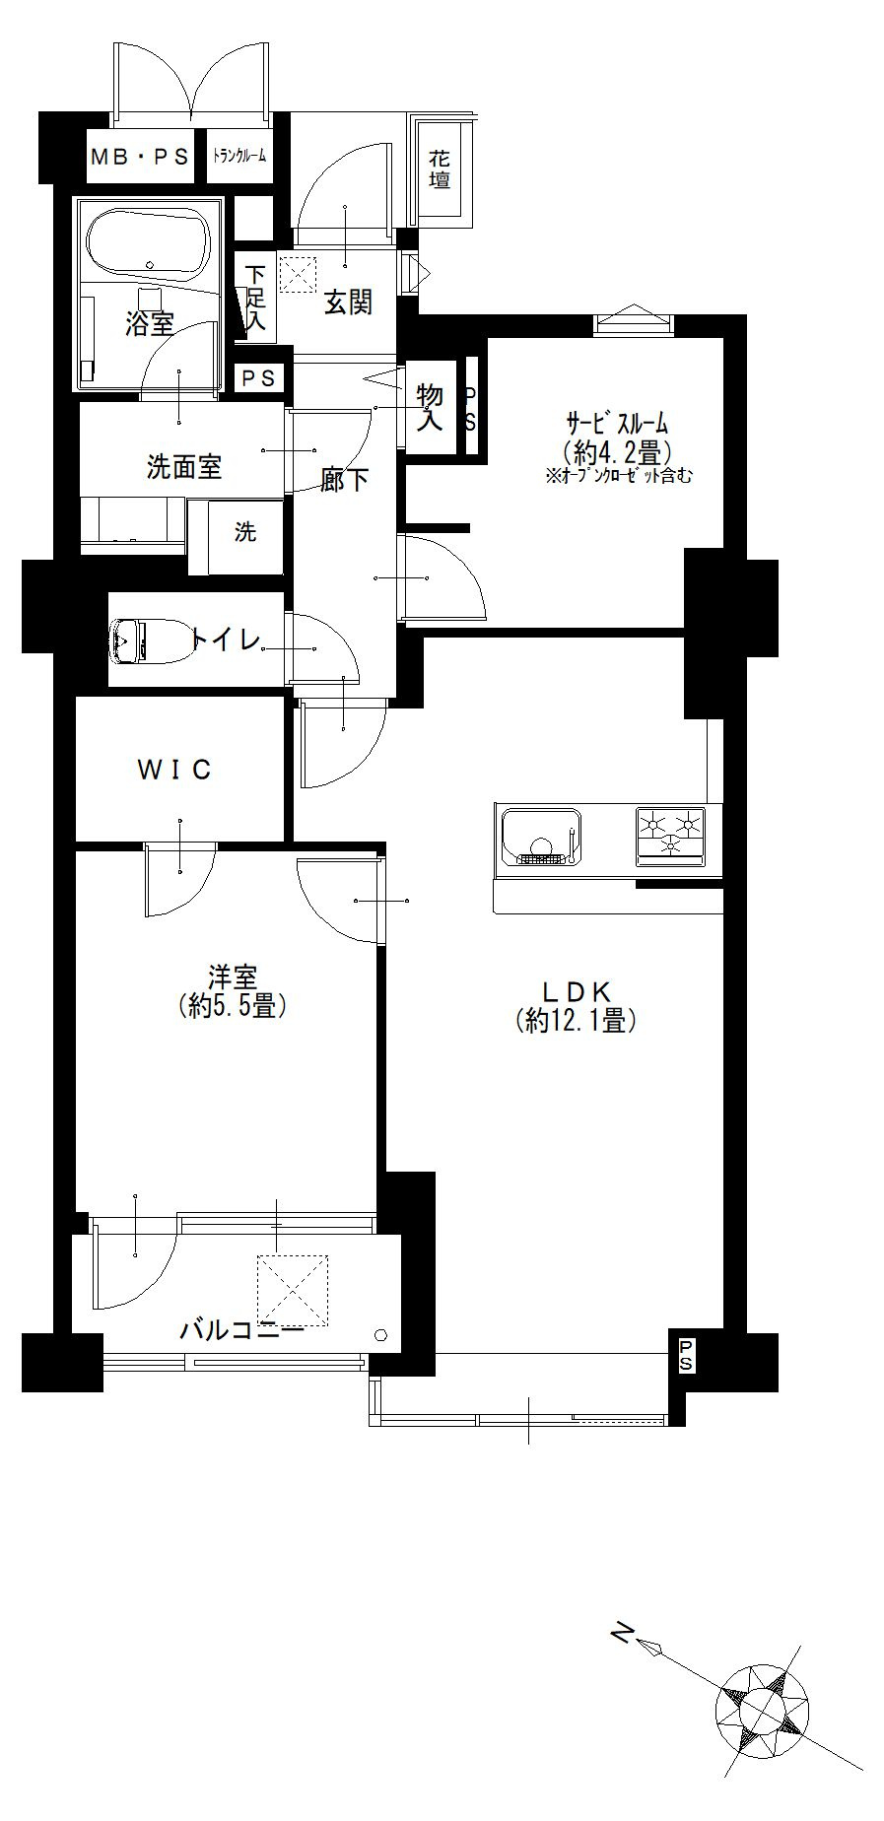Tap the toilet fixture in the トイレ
pyautogui.click(x=145, y=641)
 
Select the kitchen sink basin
pyautogui.click(x=540, y=837)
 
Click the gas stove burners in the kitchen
pyautogui.click(x=671, y=835)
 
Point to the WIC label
pyautogui.click(x=174, y=770)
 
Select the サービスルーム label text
pyautogui.click(x=617, y=425)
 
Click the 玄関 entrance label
pyautogui.click(x=348, y=303)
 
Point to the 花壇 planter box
pyautogui.click(x=440, y=168)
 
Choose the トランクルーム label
pyautogui.click(x=240, y=156)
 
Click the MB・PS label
pyautogui.click(x=139, y=156)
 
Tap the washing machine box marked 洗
pyautogui.click(x=245, y=533)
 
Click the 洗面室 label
pyautogui.click(x=184, y=466)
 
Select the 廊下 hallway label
pyautogui.click(x=345, y=480)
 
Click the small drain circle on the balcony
pyautogui.click(x=382, y=1335)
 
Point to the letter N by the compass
pyautogui.click(x=621, y=1633)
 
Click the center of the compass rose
pyautogui.click(x=764, y=1708)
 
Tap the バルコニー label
pyautogui.click(x=241, y=1332)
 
